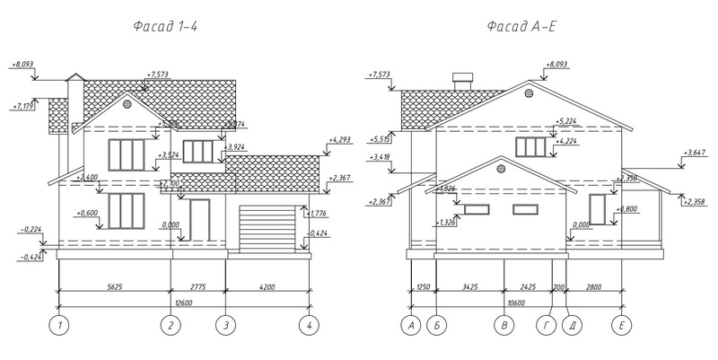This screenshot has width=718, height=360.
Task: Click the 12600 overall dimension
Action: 182,303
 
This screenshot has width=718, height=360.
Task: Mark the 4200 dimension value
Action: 267,287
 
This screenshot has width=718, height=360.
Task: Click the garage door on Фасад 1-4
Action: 267,229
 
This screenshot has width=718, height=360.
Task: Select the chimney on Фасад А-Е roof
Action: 464,81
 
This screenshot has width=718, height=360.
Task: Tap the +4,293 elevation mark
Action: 340,140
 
